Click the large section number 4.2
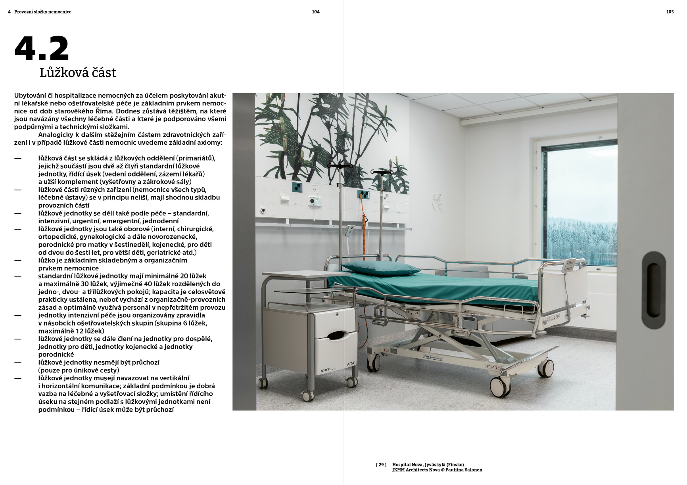(x=42, y=49)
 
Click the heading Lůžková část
(x=78, y=73)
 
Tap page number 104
(x=315, y=12)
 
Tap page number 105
(x=670, y=12)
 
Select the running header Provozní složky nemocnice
(x=43, y=12)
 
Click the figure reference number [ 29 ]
(x=381, y=465)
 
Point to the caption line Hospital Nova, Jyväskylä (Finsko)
(x=428, y=465)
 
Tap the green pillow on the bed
(x=380, y=268)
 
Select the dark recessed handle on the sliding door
(x=654, y=290)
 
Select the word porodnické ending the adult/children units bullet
(x=56, y=355)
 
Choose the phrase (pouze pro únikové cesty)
(x=79, y=370)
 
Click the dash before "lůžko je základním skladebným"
(x=17, y=261)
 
